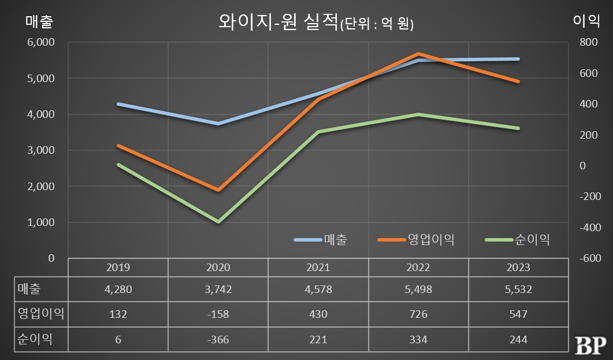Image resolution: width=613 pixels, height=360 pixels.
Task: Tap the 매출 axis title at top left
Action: [x=39, y=22]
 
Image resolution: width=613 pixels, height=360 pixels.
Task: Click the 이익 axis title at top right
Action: [x=584, y=22]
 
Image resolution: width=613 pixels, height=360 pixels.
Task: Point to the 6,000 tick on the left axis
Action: [x=41, y=42]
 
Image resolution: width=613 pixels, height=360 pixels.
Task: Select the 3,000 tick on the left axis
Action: [x=41, y=150]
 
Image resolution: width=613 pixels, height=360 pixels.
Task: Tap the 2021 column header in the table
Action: [x=318, y=268]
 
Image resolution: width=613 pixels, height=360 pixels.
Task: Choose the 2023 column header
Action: [x=518, y=268]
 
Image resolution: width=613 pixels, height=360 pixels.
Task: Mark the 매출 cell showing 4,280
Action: [x=118, y=290]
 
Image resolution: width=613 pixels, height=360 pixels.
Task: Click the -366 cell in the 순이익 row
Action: [x=218, y=339]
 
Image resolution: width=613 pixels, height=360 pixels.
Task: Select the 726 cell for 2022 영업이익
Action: [x=418, y=314]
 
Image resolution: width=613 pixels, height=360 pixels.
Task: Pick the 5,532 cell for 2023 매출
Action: [x=518, y=290]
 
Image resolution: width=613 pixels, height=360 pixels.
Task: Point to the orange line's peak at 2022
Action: [x=418, y=54]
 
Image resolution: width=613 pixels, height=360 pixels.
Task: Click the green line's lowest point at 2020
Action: [x=218, y=222]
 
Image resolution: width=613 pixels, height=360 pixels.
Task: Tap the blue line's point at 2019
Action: [x=118, y=104]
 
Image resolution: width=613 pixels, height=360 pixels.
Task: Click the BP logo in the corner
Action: [x=589, y=344]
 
